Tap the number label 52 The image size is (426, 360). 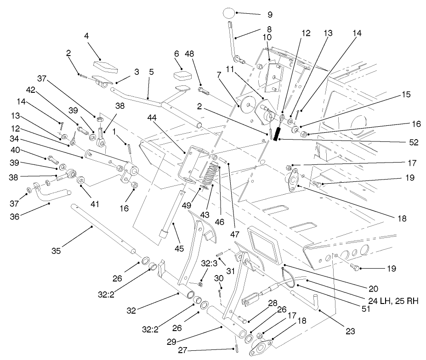[413, 143]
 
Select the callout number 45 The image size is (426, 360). [179, 248]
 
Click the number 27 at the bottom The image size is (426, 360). [182, 350]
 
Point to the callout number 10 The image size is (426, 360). [267, 37]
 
